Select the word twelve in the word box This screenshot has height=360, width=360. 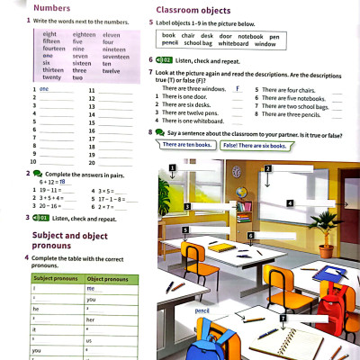[107, 70]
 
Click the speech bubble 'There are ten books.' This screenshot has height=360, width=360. [187, 145]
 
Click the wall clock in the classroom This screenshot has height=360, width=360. [235, 172]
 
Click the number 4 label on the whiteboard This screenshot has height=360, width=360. [289, 203]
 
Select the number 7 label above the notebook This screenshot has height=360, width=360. [282, 318]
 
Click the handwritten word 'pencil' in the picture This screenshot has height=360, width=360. [202, 310]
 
